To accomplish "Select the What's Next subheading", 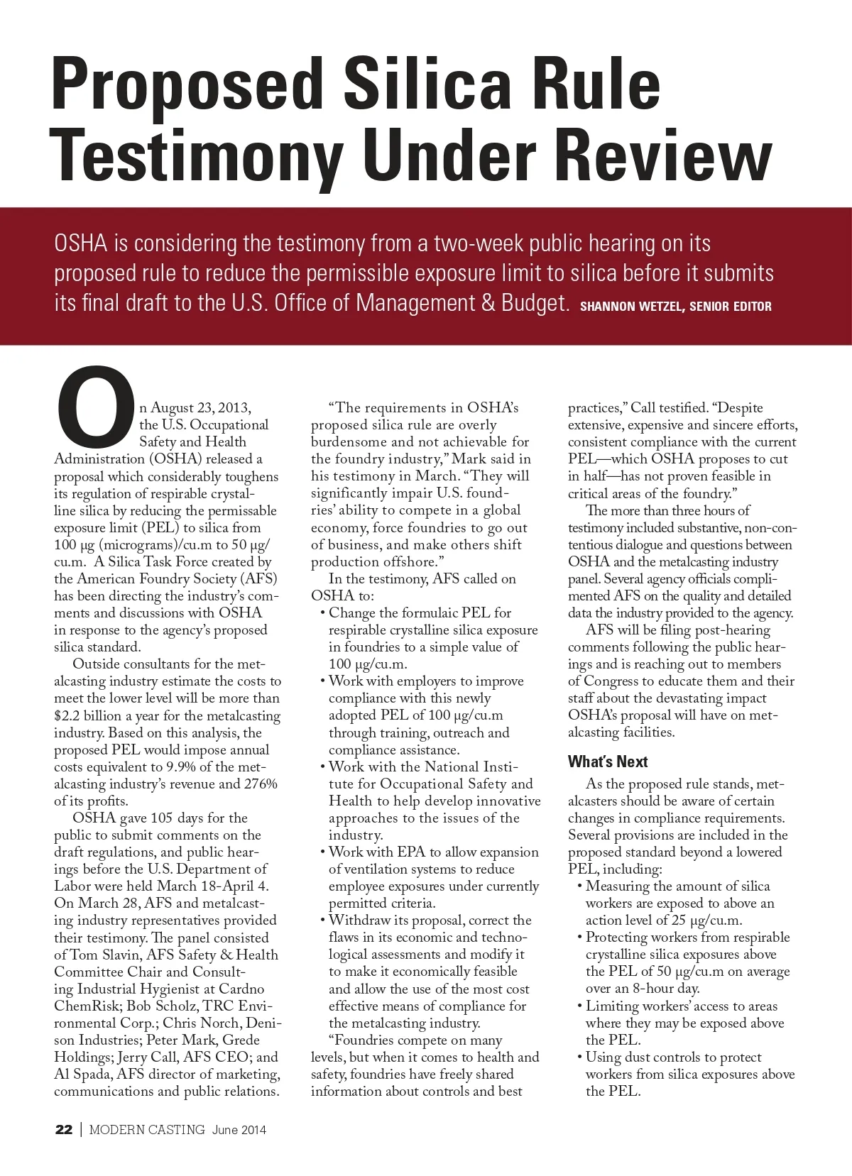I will click(x=607, y=762).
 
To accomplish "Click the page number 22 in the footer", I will click(x=63, y=1130).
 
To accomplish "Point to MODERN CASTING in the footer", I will click(x=147, y=1130).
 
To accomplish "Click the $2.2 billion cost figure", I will click(x=88, y=715).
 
